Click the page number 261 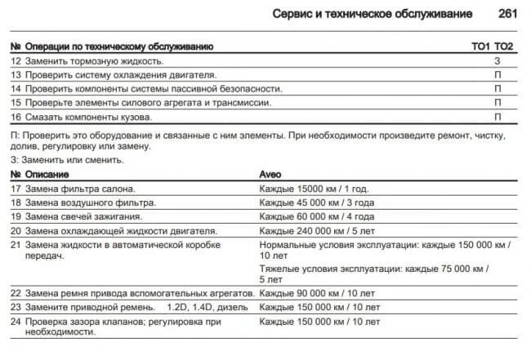click(508, 14)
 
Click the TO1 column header click(480, 47)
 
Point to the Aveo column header click(270, 175)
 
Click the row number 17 click(16, 189)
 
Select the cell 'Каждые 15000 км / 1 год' click(311, 189)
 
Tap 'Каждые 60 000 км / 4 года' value click(316, 216)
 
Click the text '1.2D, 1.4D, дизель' click(207, 306)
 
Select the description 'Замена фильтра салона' click(80, 189)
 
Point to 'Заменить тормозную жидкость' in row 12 click(94, 61)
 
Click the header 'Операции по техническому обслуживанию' click(118, 47)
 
